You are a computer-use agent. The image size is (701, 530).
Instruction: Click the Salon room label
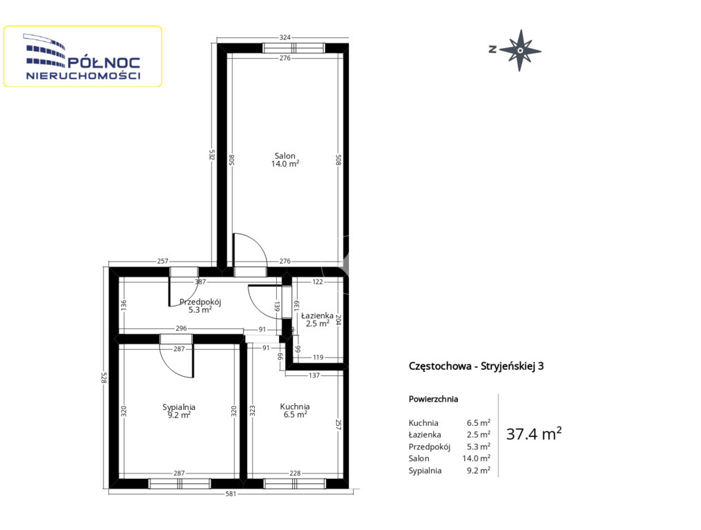285,156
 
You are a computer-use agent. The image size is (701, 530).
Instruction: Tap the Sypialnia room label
179,407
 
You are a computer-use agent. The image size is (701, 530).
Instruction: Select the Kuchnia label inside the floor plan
295,406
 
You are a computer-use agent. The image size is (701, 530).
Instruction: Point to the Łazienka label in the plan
317,315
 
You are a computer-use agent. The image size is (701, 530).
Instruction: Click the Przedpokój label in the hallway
200,302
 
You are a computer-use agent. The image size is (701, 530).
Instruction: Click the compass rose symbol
520,50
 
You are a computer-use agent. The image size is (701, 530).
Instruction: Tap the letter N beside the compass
492,50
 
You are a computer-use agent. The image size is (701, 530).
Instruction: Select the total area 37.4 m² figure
534,433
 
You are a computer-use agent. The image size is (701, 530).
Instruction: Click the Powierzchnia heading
433,399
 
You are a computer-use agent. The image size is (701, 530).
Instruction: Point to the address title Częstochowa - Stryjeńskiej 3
476,366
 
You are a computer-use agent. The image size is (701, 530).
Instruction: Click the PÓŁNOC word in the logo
104,63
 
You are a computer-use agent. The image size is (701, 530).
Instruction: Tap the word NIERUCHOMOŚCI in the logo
83,76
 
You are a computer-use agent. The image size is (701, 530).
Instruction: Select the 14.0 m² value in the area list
476,458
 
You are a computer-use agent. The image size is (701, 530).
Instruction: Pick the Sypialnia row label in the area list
425,471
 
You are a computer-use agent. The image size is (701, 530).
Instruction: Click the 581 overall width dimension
231,494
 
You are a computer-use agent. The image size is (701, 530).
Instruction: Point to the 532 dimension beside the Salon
212,155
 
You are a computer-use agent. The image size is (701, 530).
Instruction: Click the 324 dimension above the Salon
285,37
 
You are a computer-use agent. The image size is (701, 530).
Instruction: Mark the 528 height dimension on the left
104,378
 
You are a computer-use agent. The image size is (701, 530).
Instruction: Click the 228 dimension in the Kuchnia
295,473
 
